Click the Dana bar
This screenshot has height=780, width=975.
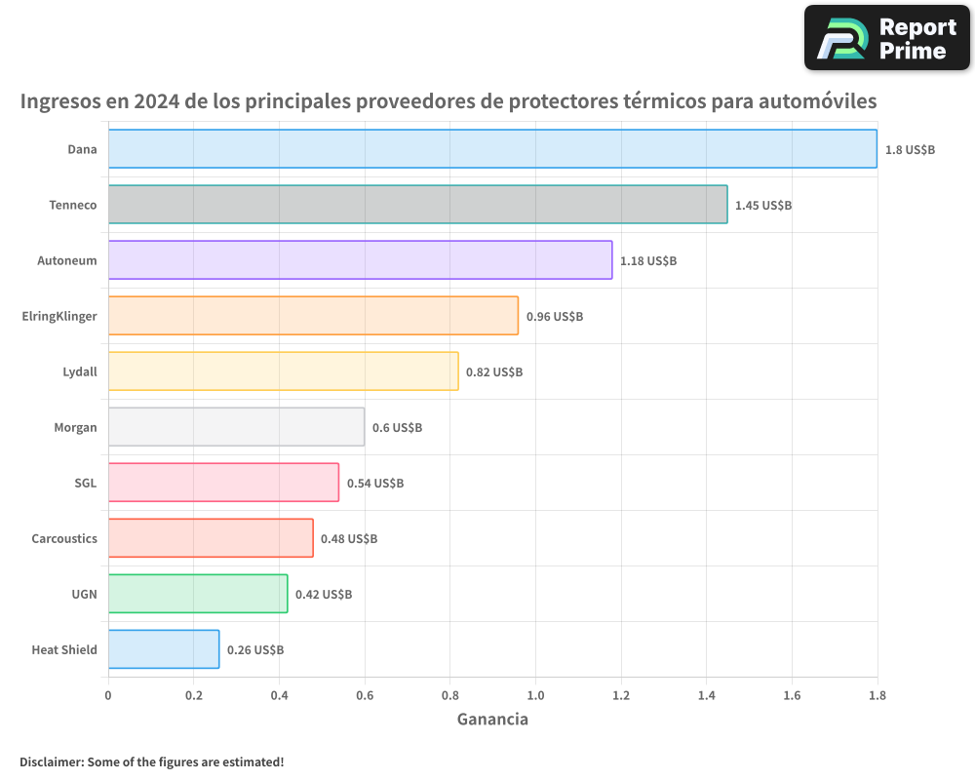point(492,149)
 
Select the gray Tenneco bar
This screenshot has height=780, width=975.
point(417,205)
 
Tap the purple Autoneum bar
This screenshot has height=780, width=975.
point(360,260)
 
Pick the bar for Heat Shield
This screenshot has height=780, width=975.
point(164,649)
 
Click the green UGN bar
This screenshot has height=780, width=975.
point(198,594)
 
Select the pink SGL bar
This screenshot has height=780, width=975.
point(223,483)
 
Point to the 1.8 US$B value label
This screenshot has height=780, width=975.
point(910,150)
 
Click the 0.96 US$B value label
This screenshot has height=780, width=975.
point(555,317)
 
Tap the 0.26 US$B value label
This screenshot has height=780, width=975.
point(255,650)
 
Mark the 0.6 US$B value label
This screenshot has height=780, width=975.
point(397,428)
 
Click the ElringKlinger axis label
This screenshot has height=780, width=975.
point(59,316)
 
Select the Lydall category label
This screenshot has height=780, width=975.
point(80,371)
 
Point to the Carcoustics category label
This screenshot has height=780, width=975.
point(64,538)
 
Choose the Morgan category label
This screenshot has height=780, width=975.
point(76,427)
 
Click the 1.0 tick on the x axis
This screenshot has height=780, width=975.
point(535,696)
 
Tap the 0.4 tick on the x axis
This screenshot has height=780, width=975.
point(279,696)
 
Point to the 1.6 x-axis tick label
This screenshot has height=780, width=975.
point(792,696)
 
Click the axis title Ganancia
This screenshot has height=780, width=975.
point(492,720)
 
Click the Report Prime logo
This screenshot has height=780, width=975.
point(886,38)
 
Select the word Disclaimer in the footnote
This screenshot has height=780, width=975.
point(51,762)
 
